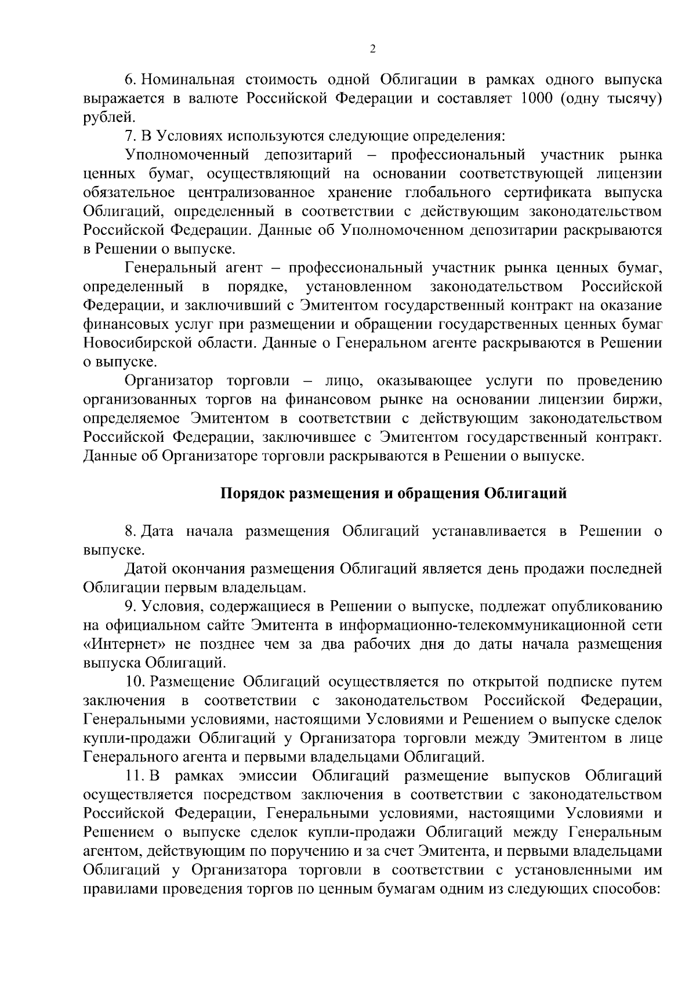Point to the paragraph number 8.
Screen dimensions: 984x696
coord(130,531)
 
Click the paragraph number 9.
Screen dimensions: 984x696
coord(130,607)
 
